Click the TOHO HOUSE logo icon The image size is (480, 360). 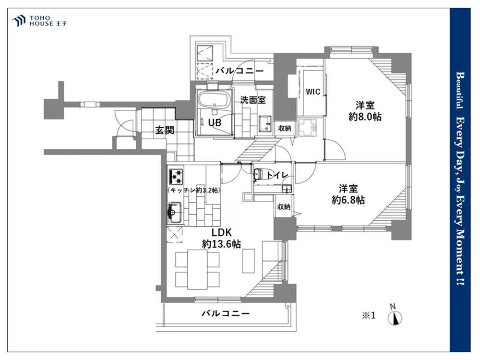[18, 21]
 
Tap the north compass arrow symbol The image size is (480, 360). [395, 318]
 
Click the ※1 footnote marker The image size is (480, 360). [369, 315]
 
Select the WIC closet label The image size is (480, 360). [313, 92]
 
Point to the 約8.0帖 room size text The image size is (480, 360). [365, 117]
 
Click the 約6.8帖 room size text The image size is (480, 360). [348, 200]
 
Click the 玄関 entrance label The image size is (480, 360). [165, 130]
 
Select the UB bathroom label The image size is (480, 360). [215, 122]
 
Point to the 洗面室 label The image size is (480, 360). [252, 100]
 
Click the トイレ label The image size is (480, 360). [277, 175]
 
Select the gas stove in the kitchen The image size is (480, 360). [175, 176]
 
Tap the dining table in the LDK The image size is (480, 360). [197, 269]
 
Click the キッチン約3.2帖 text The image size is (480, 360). [194, 190]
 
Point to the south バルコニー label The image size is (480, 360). [226, 313]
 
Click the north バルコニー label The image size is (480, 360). [240, 71]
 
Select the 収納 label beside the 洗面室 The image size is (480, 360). [284, 128]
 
